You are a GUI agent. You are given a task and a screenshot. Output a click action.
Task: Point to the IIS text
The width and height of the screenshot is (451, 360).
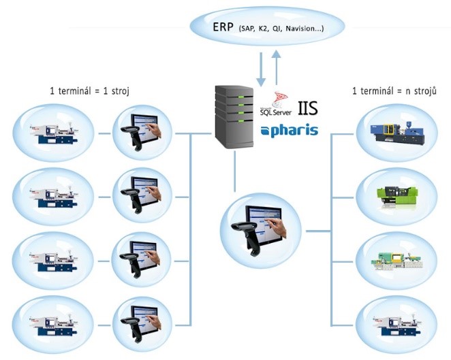(305, 108)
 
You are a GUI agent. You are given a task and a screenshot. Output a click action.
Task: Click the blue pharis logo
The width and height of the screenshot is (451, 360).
(289, 129)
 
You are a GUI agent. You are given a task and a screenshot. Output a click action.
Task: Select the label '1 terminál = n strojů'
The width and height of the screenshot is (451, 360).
(394, 91)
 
